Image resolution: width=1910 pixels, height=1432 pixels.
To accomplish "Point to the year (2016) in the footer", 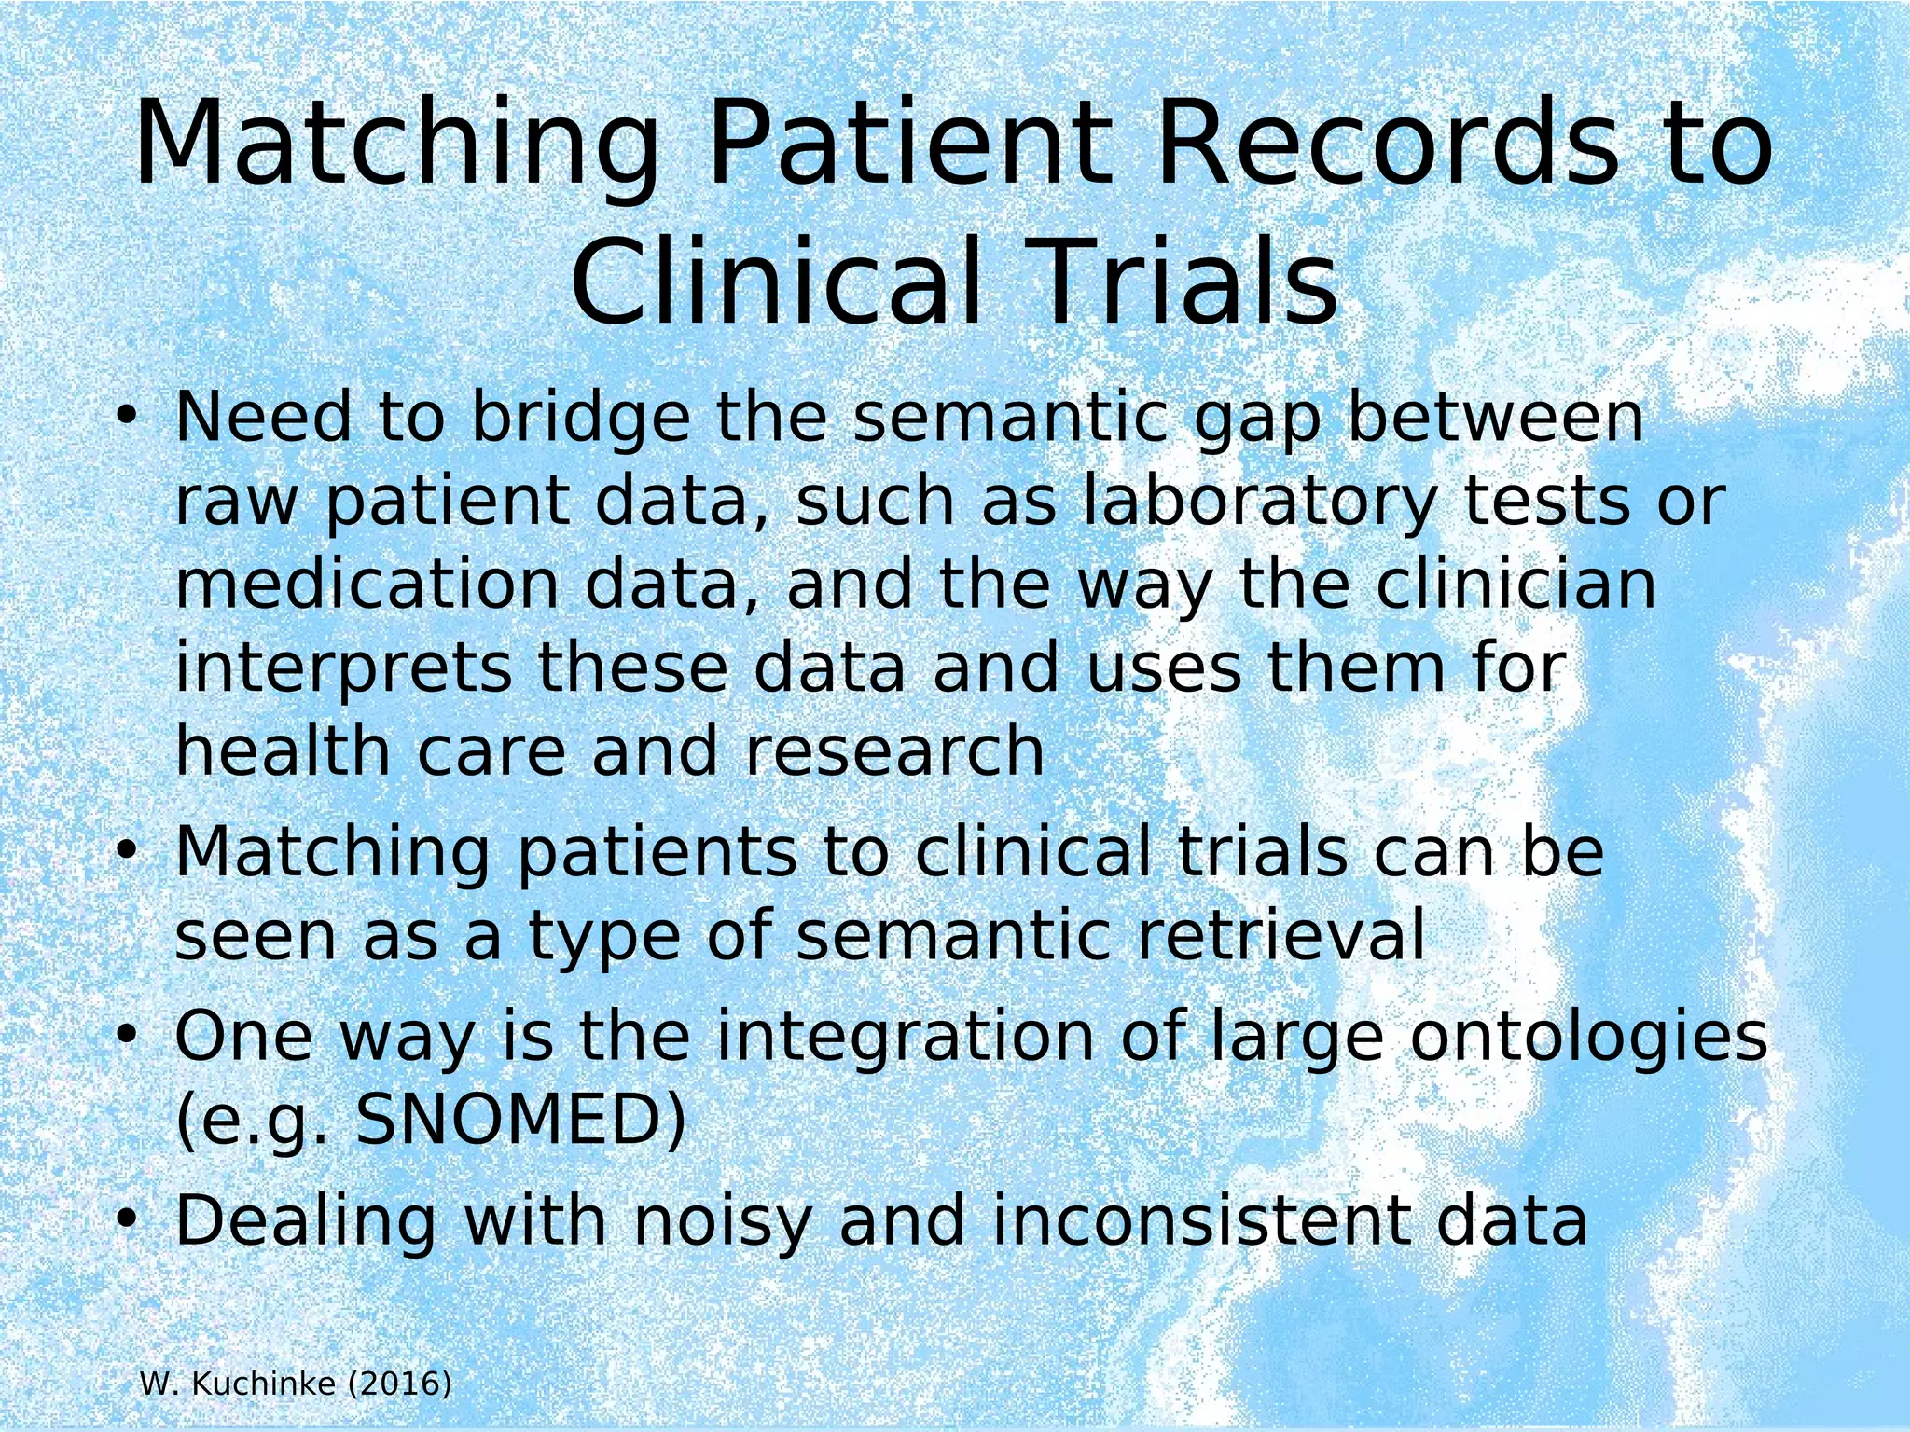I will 399,1384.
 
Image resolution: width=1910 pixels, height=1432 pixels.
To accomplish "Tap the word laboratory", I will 1260,502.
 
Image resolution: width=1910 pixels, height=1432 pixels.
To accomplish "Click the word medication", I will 367,585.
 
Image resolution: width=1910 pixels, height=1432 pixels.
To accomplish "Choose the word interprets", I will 343,668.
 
